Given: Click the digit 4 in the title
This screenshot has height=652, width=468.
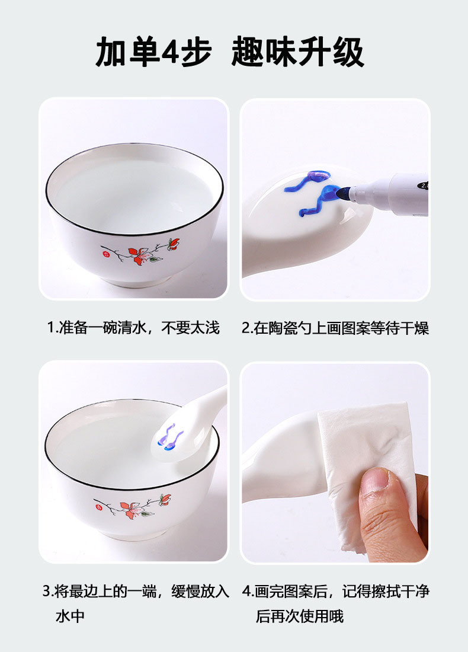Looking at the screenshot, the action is [x=169, y=53].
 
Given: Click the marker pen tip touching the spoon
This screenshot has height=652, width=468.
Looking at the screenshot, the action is [x=342, y=193].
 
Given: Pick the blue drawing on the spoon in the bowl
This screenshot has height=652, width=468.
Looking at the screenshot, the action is [x=171, y=438].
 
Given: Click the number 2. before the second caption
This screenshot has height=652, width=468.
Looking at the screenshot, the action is [x=248, y=328].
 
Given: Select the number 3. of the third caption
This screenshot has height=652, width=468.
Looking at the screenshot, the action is [x=49, y=591].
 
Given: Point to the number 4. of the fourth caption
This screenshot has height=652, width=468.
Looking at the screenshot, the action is [x=248, y=591].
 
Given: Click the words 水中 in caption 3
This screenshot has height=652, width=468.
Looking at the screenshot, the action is [x=70, y=616].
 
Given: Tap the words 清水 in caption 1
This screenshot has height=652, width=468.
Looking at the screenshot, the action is [x=132, y=328].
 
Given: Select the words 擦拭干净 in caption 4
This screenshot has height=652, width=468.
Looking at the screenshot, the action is [x=400, y=591].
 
